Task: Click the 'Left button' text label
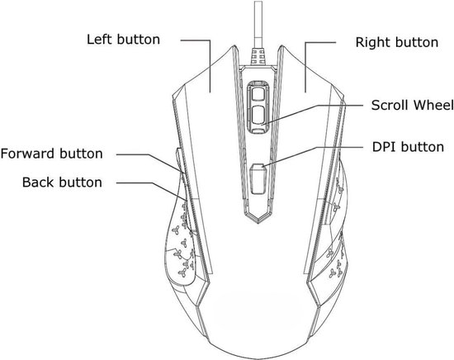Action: tap(123, 40)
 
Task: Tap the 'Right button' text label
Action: tap(397, 42)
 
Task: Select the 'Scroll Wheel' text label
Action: tap(412, 105)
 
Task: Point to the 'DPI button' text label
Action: tap(408, 147)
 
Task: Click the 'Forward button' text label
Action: tap(52, 154)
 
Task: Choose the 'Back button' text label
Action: tap(62, 182)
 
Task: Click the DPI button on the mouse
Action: tap(258, 179)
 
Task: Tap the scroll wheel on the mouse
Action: tap(258, 107)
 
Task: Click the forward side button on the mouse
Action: tap(179, 161)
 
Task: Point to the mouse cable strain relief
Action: tap(258, 56)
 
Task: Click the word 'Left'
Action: tap(99, 40)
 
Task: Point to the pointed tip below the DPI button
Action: tap(258, 222)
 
